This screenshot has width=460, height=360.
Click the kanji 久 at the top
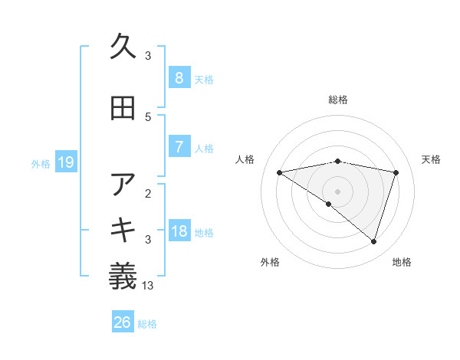pos(123,47)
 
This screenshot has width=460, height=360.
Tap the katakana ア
pos(123,185)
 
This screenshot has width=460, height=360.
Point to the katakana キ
pos(123,231)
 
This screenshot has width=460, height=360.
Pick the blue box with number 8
pos(179,78)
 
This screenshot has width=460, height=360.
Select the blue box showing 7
pos(179,147)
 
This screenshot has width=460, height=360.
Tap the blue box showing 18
pos(179,231)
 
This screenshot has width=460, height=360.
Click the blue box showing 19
pos(65,162)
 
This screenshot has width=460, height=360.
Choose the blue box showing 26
pos(123,322)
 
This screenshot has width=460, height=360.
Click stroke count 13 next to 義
pos(148,286)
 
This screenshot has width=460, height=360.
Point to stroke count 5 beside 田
pos(148,116)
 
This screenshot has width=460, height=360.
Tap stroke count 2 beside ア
pos(148,193)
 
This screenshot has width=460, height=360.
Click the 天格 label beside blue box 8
pos(204,79)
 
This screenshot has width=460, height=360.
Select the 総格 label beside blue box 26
pos(147,324)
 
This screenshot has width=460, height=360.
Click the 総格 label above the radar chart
pos(337,100)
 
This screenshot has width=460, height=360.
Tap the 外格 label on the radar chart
pos(269,262)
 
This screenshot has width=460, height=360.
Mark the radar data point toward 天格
pos(396,172)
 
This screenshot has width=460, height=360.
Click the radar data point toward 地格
pos(373,241)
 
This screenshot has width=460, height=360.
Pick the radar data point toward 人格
pos(279,172)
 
